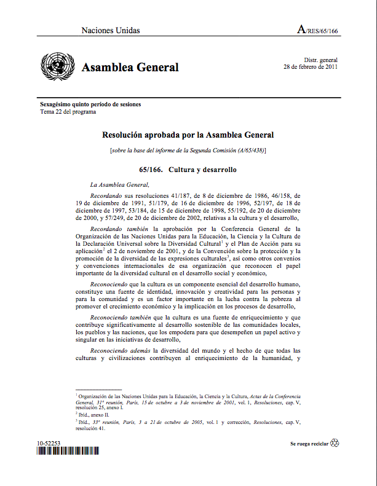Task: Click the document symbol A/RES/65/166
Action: coord(317,29)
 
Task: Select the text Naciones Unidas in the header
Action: coord(111,30)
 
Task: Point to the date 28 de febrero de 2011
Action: coord(310,66)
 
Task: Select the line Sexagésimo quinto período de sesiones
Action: coord(90,104)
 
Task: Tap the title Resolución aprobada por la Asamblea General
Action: coord(188,135)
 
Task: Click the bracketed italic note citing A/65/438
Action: coord(188,151)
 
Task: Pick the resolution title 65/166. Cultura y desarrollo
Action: coord(188,169)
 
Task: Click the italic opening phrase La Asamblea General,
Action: coord(119,184)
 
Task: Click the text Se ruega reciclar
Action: coord(309,443)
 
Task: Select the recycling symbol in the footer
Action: coord(335,442)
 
